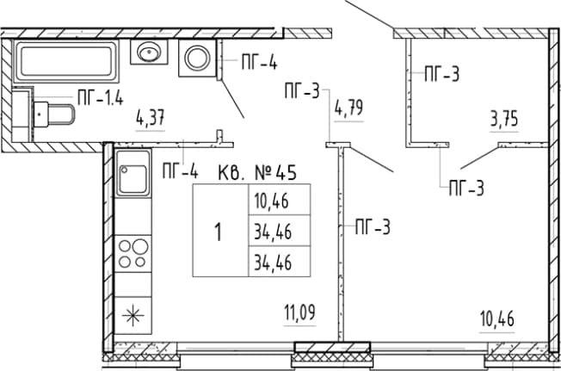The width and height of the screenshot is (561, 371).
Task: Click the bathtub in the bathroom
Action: point(66,61)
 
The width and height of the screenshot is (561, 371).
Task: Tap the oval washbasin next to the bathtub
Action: point(149,53)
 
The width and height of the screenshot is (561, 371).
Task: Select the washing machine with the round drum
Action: point(198,58)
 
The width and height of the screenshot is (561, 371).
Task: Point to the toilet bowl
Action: point(54,114)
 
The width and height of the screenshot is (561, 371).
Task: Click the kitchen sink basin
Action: point(133,178)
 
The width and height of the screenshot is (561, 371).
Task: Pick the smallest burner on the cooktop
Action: point(140,263)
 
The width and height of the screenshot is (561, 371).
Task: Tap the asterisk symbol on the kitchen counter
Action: point(133,315)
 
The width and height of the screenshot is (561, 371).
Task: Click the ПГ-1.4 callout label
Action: point(101,97)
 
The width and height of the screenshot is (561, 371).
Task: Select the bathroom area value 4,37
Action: point(151,118)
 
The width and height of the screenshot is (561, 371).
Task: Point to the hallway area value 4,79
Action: point(348,108)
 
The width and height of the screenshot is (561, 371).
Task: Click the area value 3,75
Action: point(504,119)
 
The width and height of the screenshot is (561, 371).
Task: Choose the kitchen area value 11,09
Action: point(299,312)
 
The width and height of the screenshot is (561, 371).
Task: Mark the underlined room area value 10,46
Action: point(497,318)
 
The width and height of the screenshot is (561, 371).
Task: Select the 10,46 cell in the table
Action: point(280,200)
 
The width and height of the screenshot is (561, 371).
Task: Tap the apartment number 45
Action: point(287,173)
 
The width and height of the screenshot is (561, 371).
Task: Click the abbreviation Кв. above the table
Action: point(231,173)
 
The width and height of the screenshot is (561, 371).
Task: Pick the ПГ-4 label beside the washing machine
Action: point(259,61)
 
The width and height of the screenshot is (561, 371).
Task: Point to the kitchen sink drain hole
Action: point(124,170)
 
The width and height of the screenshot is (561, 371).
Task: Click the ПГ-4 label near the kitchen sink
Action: point(180,170)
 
